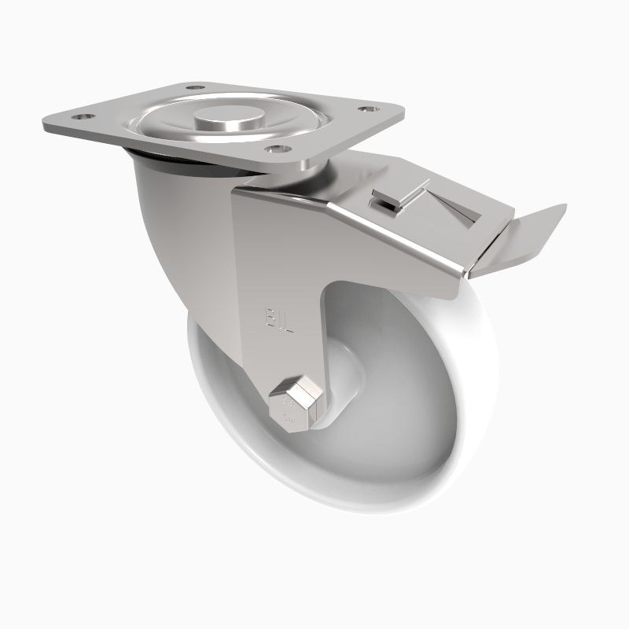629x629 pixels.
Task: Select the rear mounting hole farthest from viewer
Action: [x=193, y=87]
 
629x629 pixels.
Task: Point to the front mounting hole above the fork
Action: [x=275, y=147]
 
